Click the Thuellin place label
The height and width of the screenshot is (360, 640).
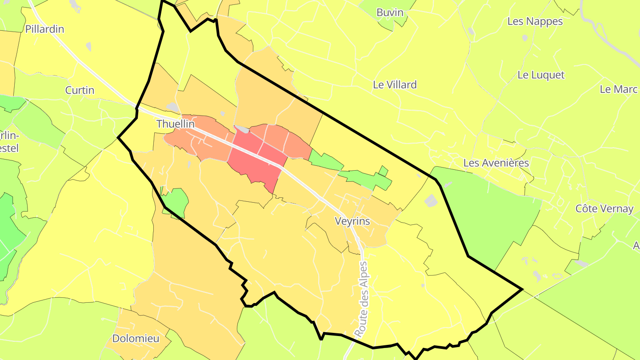coord(176,124)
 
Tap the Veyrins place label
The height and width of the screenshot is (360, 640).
coord(352,221)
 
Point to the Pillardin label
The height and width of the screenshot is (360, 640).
coord(44,29)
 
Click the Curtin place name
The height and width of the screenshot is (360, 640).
coord(80,90)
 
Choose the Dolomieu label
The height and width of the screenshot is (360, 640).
coord(136,339)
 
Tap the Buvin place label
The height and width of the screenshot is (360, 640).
coord(390,12)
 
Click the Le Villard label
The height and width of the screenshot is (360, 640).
coord(395,84)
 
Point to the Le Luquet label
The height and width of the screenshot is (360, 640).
coord(541,75)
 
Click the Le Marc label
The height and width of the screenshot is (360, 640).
coord(619,89)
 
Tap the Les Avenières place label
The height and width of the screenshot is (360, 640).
coord(496,163)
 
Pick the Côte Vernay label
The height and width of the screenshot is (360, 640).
coord(604,208)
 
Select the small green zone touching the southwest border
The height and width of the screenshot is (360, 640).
coord(176,201)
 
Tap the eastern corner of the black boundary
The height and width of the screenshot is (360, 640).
coord(521,289)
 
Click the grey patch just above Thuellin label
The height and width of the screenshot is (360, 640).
coord(172,107)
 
